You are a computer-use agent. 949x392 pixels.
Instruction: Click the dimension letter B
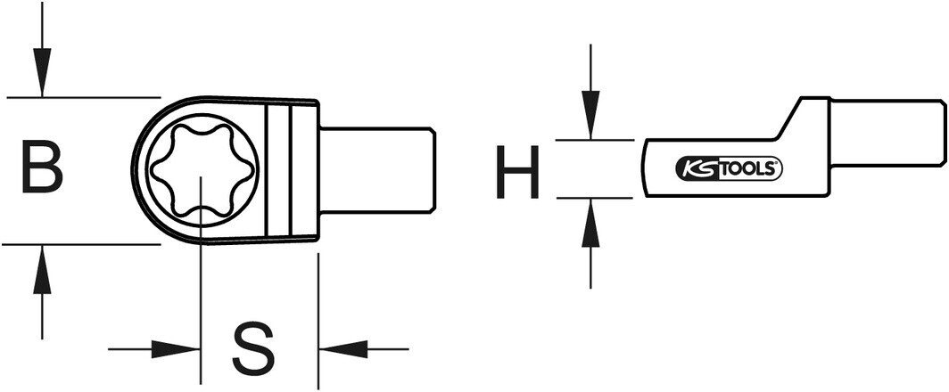(42, 167)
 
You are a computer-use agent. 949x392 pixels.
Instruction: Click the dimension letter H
(517, 173)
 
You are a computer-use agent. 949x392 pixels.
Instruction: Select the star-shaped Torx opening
(203, 168)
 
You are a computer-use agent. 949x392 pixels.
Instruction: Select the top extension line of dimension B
(80, 96)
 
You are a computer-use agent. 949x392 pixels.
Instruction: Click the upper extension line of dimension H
(594, 140)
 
